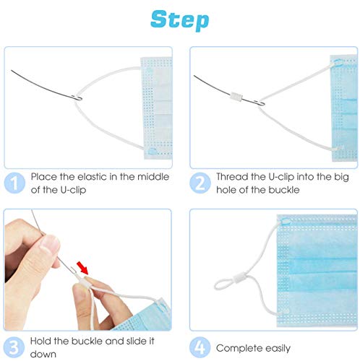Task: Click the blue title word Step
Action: [x=179, y=20]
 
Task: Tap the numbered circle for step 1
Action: [x=14, y=183]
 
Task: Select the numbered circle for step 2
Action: [x=200, y=183]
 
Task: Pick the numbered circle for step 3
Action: [x=14, y=347]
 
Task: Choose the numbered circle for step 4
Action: [x=200, y=347]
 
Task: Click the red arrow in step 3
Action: [x=82, y=268]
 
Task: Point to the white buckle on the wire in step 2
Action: [x=236, y=96]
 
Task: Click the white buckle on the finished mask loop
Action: [x=240, y=277]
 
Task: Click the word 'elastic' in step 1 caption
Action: [x=93, y=177]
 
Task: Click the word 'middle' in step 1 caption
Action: [x=153, y=177]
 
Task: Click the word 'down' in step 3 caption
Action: [x=43, y=355]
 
